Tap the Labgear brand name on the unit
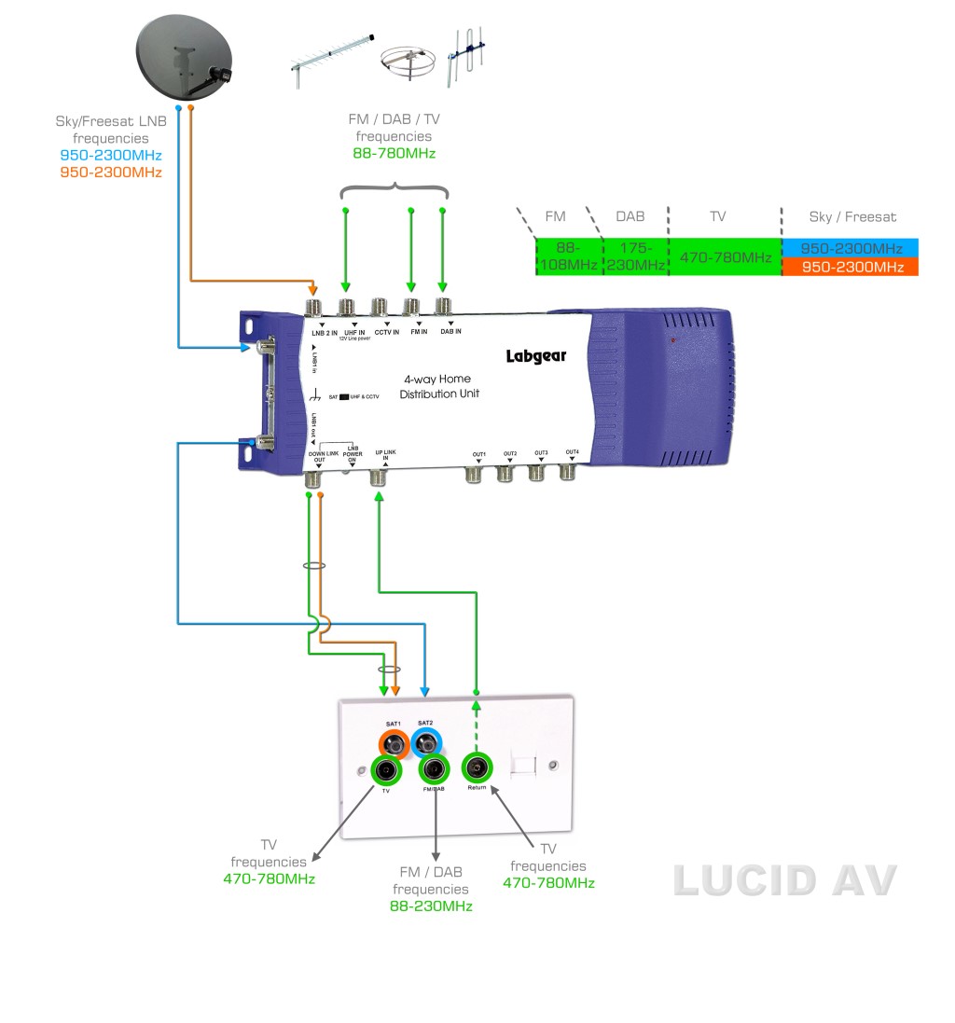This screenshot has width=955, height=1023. (x=536, y=355)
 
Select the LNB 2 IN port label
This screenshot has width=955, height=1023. (x=324, y=333)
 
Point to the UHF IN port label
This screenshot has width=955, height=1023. (x=354, y=333)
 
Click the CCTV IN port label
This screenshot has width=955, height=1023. (x=386, y=333)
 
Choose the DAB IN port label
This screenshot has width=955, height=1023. (x=450, y=333)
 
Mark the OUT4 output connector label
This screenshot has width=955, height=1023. (x=572, y=451)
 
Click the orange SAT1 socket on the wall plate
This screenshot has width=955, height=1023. (x=392, y=743)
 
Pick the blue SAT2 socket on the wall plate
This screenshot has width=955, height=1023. (x=426, y=743)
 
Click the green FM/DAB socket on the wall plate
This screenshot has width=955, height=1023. (x=434, y=769)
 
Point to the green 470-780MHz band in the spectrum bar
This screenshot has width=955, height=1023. (x=725, y=257)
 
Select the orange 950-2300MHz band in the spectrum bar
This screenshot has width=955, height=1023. (x=850, y=267)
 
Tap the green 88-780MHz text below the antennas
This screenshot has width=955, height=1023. (x=394, y=153)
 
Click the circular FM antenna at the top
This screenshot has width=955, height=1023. (x=408, y=62)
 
